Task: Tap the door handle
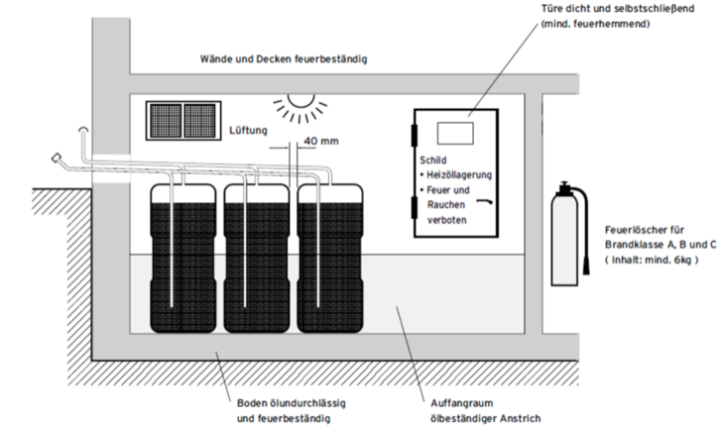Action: [485, 199]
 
